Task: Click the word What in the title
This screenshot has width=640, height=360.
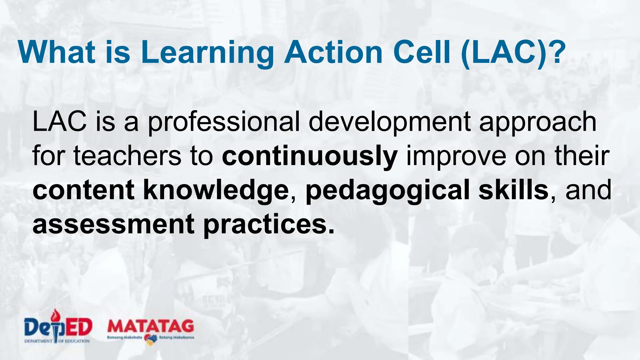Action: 57,52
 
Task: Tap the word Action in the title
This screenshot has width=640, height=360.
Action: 333,52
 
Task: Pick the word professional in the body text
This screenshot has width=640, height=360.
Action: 223,122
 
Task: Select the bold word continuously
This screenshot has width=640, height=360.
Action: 309,156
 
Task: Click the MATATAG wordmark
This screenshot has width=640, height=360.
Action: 151,326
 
